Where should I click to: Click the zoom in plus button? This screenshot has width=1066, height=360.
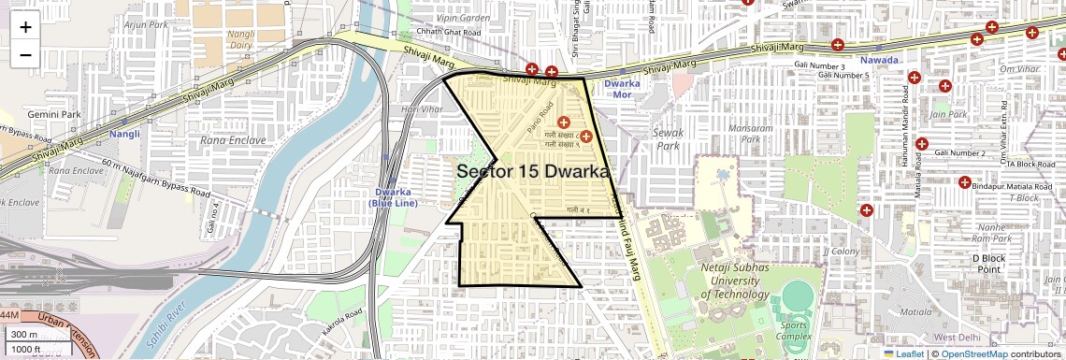25,27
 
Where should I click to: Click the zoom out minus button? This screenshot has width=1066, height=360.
25,54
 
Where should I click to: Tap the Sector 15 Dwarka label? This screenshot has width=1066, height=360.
532,172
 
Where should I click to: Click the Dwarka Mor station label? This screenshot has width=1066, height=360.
623,90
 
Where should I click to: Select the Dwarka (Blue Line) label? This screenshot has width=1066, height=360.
392,198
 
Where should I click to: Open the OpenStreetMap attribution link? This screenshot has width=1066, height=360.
973,353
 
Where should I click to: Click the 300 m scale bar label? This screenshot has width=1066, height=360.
24,335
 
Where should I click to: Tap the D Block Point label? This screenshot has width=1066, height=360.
988,263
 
